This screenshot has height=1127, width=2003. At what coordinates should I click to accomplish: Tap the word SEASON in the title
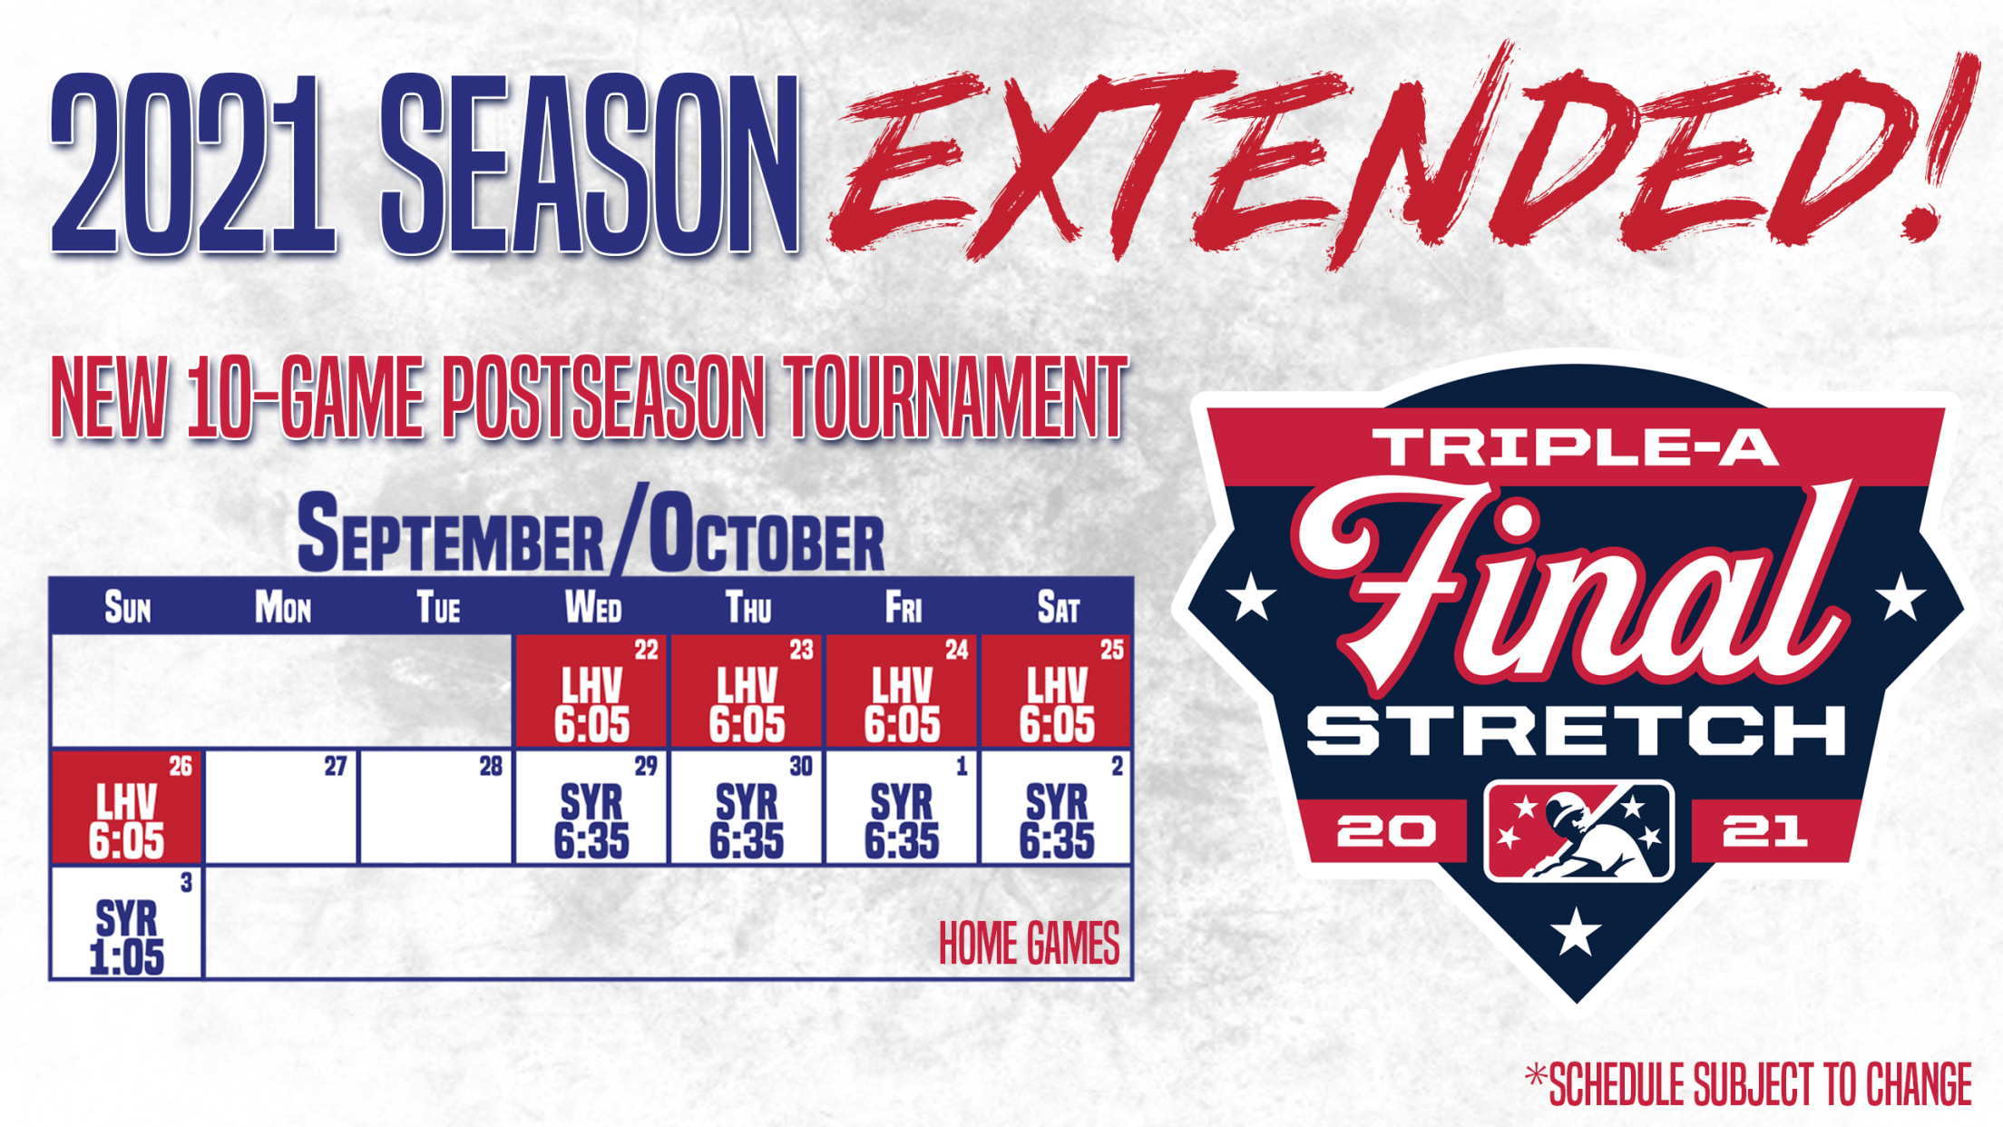(x=590, y=163)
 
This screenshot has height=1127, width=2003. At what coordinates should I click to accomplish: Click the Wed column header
(x=592, y=607)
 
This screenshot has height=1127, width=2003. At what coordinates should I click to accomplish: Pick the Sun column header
(x=127, y=607)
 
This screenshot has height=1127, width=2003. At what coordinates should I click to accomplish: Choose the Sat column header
(x=1058, y=607)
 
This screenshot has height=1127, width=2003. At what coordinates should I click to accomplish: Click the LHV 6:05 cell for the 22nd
(x=592, y=691)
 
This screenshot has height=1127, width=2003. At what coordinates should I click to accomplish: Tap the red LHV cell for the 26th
(x=127, y=807)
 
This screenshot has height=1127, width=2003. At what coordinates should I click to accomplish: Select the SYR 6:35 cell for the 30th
(x=747, y=807)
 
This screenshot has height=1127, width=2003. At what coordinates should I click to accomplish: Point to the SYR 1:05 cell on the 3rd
(x=127, y=923)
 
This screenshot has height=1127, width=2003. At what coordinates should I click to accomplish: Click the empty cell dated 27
(x=281, y=807)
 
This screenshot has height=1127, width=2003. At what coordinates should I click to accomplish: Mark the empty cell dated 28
(x=436, y=807)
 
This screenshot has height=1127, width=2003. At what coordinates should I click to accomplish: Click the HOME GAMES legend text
(x=1029, y=944)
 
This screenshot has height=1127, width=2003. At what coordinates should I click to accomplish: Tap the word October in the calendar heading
(x=767, y=535)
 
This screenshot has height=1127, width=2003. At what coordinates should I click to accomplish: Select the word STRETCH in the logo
(x=1577, y=731)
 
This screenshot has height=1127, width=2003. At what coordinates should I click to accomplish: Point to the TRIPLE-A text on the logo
(x=1576, y=447)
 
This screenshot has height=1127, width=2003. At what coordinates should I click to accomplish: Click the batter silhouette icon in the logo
(x=1578, y=831)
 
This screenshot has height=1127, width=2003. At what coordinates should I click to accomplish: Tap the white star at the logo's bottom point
(x=1576, y=932)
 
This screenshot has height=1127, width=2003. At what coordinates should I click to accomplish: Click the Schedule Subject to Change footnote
(x=1749, y=1084)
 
